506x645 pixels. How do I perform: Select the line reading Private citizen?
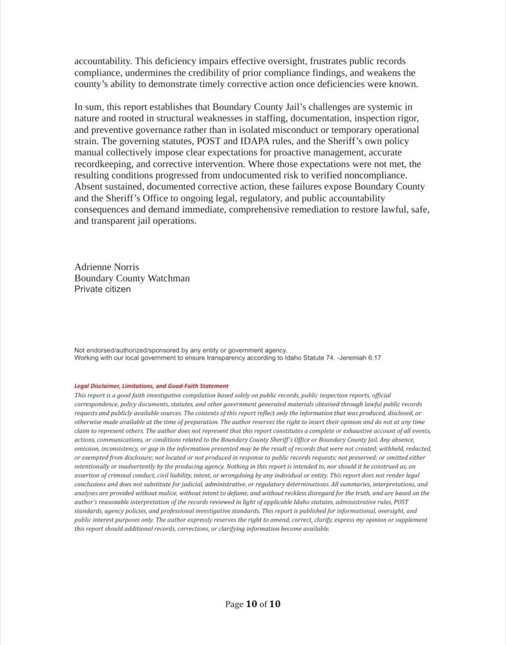tap(103, 289)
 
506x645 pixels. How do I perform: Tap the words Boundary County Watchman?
tap(132, 278)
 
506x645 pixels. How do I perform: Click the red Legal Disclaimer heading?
tap(151, 386)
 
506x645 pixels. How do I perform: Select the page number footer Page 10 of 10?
tap(253, 604)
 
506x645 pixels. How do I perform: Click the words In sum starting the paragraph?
tap(89, 107)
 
